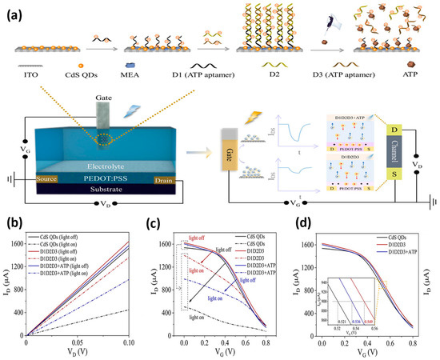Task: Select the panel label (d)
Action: point(300,217)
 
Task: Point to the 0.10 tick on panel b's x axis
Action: point(130,334)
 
